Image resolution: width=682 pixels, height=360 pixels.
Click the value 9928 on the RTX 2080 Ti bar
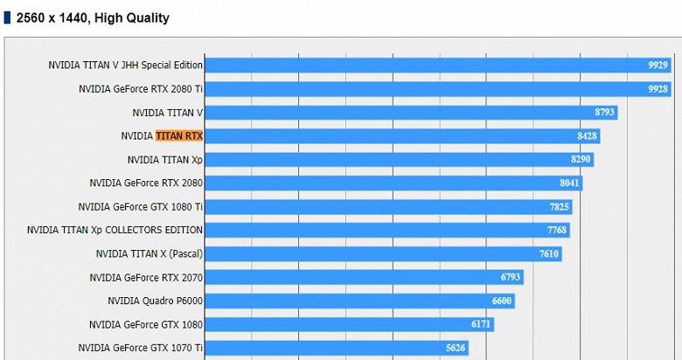tap(658, 89)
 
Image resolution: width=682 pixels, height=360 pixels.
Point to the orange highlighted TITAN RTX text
tap(179, 136)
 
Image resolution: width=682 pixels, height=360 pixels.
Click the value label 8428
tap(588, 136)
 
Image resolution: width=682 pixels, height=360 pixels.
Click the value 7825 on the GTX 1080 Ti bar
tap(560, 207)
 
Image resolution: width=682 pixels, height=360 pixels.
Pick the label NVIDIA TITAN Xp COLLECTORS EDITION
tap(115, 230)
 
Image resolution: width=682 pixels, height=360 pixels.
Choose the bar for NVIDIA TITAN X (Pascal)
tap(382, 254)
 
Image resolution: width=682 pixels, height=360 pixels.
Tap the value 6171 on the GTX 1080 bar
tap(482, 324)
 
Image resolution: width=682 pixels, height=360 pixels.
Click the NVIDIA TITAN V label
tap(167, 113)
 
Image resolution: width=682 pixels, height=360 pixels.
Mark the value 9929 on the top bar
tap(658, 66)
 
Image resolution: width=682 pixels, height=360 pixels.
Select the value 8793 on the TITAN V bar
tap(605, 113)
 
